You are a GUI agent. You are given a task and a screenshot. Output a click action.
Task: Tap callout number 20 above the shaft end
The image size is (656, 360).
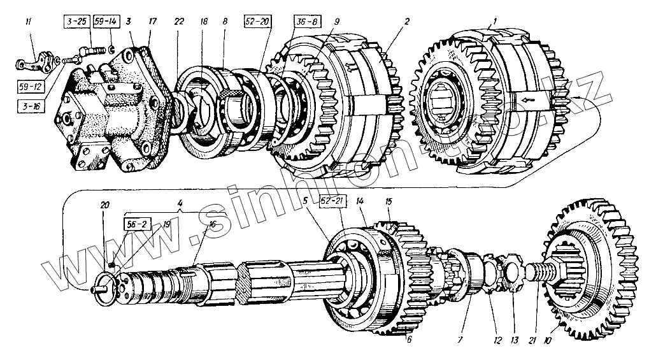click(x=105, y=205)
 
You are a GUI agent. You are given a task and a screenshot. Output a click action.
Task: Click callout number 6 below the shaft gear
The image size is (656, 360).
click(x=409, y=340)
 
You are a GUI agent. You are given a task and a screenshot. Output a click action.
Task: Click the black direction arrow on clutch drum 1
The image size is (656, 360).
click(x=528, y=100)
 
